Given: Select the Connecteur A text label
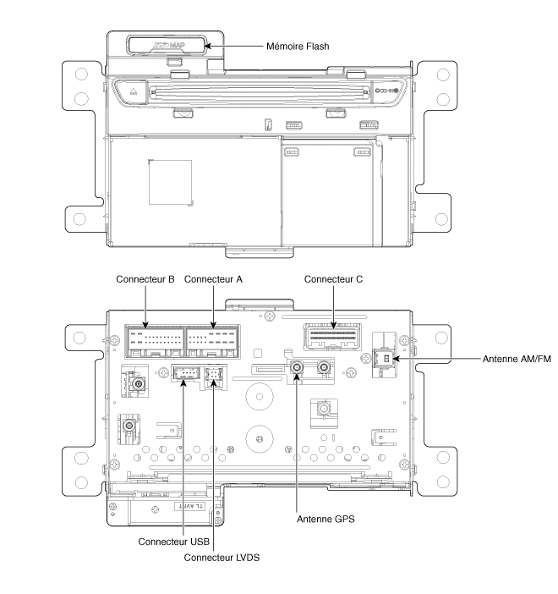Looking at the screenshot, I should (x=212, y=278).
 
